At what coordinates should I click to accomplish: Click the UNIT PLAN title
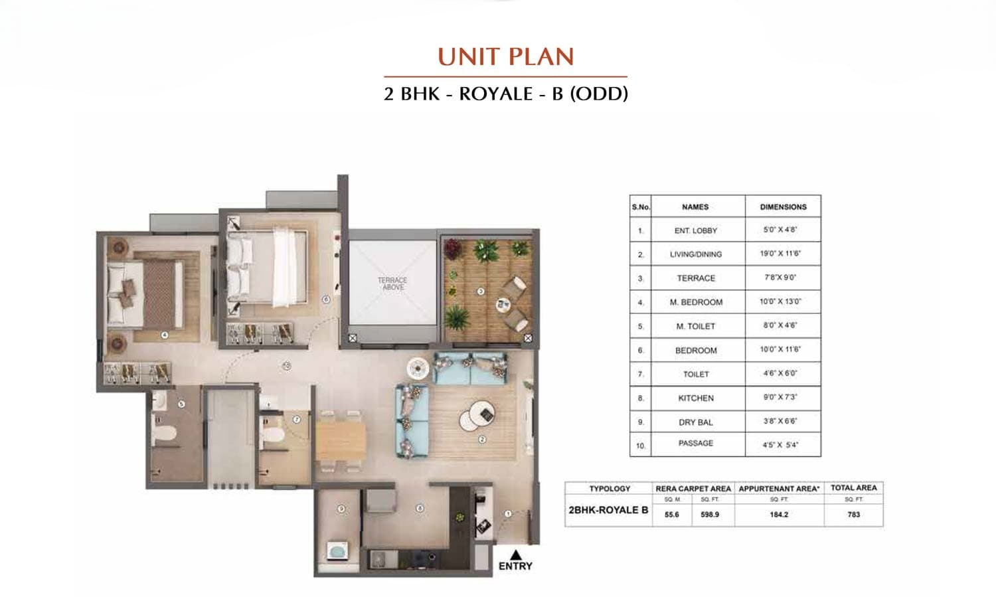(505, 57)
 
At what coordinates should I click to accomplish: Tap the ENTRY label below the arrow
(515, 566)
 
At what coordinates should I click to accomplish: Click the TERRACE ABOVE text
(392, 284)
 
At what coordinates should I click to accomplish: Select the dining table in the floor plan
(341, 441)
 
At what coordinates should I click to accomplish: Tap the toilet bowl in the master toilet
(163, 434)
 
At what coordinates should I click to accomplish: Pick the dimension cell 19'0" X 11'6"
(782, 254)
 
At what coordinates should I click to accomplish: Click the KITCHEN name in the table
(695, 398)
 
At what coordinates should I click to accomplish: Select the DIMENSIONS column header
(783, 207)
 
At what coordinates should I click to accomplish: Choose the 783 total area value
(853, 514)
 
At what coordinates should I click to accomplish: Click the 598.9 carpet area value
(709, 514)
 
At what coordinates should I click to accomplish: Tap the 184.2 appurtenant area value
(779, 514)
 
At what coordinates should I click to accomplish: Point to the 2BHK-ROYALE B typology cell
(608, 510)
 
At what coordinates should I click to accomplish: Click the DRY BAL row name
(695, 422)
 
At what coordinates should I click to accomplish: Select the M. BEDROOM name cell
(695, 302)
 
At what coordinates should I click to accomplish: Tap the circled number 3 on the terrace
(481, 292)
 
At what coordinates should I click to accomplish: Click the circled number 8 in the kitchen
(420, 509)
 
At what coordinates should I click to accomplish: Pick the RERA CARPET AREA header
(693, 488)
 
